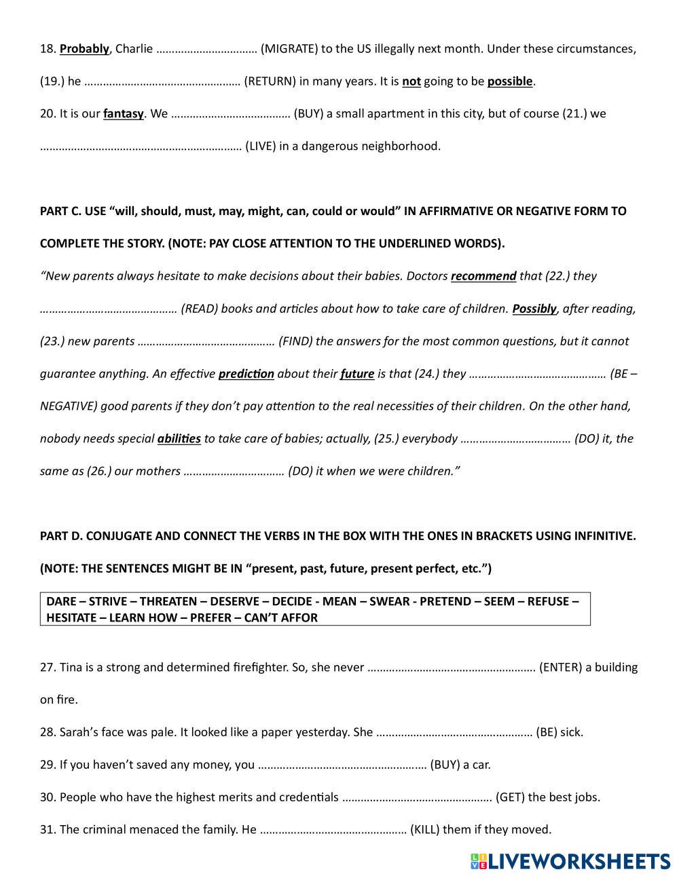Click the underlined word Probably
point(84,49)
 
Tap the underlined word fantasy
point(123,114)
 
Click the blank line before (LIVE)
point(141,147)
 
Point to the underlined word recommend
point(483,276)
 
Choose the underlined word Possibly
point(534,309)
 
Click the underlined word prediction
point(246,374)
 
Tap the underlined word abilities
point(179,439)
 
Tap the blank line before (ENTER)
point(452,668)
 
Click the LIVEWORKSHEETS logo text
point(579,861)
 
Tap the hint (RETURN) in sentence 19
point(270,81)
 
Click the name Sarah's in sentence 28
point(79,733)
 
